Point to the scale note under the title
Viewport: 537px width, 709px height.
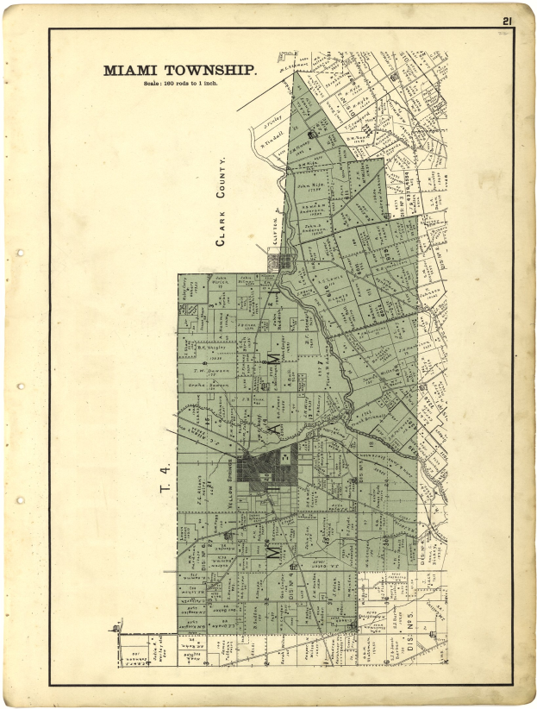click(179, 84)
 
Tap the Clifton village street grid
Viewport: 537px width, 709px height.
click(280, 260)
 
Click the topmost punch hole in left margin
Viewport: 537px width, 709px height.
click(18, 254)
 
